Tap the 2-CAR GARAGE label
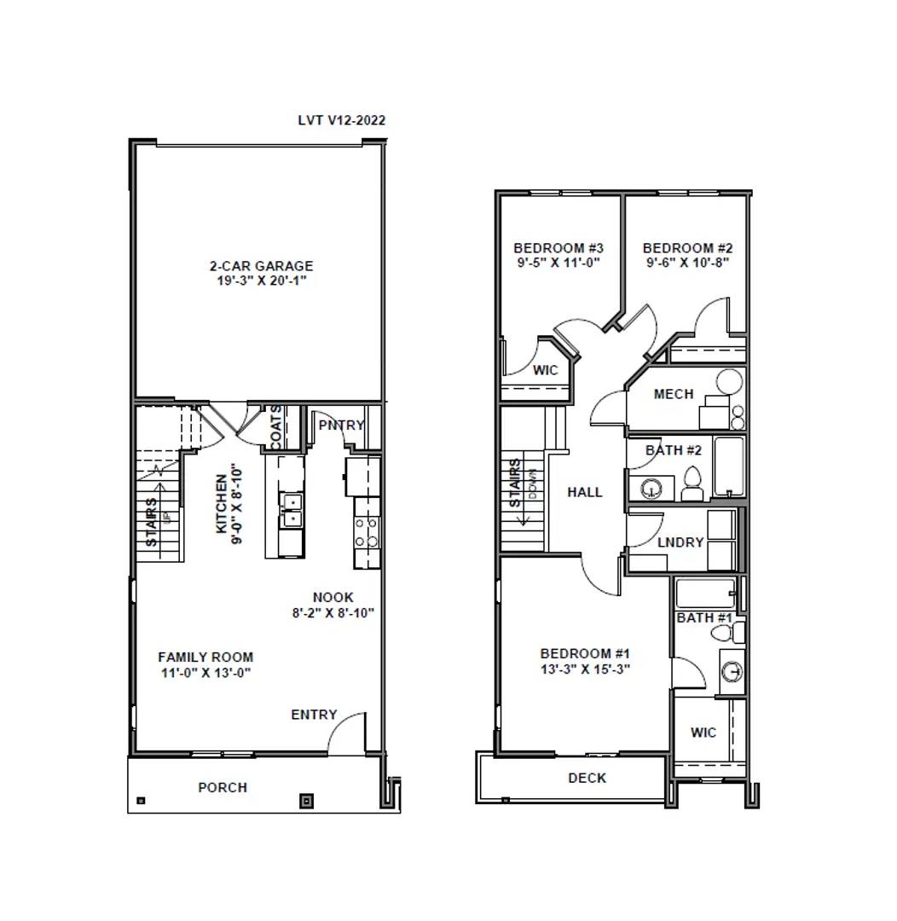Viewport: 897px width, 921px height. click(261, 266)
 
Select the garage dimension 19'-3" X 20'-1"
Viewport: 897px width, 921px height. click(261, 280)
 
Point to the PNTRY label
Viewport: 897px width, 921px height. click(341, 425)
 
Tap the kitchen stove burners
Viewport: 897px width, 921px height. click(367, 533)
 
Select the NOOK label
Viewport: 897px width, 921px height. click(333, 598)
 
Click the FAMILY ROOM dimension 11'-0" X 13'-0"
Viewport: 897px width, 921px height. click(205, 672)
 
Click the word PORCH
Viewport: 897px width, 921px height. click(223, 787)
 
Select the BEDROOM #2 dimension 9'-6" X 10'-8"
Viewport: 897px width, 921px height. click(687, 262)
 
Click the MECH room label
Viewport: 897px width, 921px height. click(674, 394)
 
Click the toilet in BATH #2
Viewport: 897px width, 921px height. click(692, 484)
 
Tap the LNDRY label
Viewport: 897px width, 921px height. click(680, 542)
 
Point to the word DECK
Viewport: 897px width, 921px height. click(587, 778)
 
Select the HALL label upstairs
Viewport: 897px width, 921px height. click(585, 492)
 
